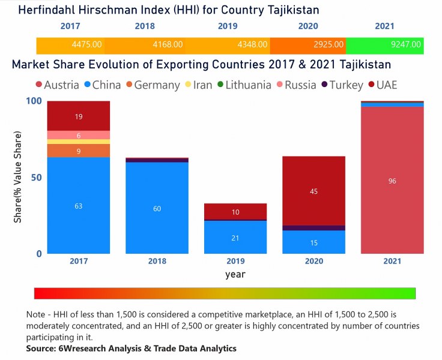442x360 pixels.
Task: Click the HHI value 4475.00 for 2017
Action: [86, 45]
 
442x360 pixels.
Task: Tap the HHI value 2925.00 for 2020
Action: [328, 45]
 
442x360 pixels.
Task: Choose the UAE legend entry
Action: [383, 85]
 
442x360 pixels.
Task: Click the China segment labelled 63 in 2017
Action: [78, 205]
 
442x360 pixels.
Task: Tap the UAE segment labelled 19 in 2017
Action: [78, 116]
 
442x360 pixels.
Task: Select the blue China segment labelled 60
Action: [157, 208]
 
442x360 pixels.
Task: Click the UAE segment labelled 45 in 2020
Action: [313, 191]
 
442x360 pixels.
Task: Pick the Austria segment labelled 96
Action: [392, 181]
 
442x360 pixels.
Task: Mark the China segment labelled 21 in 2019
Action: [235, 238]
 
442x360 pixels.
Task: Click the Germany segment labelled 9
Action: [78, 151]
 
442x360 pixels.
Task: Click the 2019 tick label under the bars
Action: [235, 261]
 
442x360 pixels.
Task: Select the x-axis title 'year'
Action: [235, 274]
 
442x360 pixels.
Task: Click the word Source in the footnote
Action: [41, 348]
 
